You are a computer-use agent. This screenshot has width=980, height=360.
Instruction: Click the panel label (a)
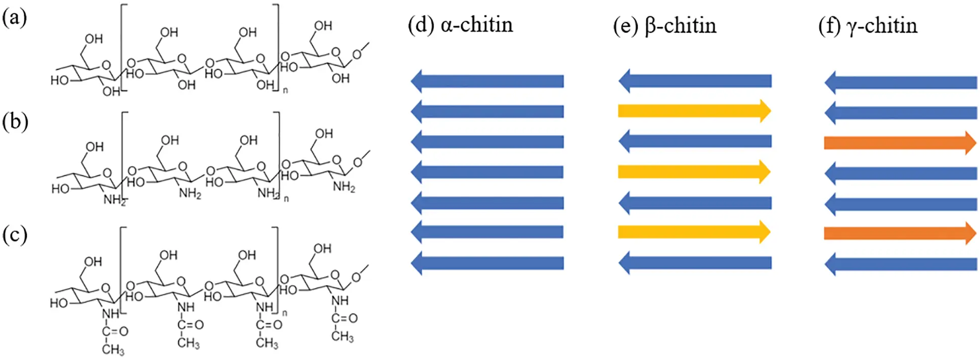[14, 18]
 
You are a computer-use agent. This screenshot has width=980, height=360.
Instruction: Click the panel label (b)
[15, 122]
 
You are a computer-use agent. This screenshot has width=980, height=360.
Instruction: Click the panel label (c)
[14, 235]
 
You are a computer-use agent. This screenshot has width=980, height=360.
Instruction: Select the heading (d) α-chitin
[460, 25]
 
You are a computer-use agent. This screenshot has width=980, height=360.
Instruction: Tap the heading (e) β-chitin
[664, 26]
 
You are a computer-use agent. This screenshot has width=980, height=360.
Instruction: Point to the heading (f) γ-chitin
[867, 26]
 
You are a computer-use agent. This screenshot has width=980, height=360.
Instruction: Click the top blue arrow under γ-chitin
[901, 82]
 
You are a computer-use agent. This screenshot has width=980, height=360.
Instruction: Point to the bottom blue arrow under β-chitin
[695, 263]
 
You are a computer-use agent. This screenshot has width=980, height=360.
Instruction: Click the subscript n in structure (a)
[285, 91]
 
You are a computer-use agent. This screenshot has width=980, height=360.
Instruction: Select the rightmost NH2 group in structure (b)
[344, 187]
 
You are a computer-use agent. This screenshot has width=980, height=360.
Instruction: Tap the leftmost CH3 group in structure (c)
[113, 349]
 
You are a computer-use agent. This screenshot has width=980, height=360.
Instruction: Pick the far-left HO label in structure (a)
[59, 80]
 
